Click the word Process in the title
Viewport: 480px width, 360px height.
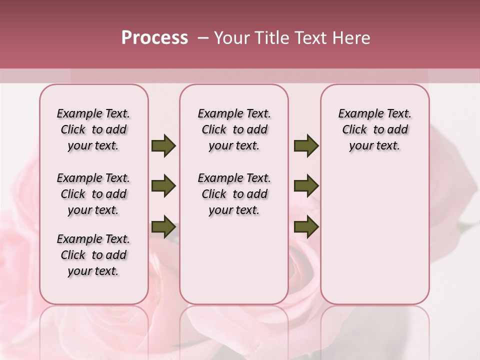coord(154,38)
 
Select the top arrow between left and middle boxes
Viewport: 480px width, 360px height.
coord(163,146)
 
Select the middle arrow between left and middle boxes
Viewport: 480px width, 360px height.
coord(163,186)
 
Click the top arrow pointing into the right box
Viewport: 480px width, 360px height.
coord(306,146)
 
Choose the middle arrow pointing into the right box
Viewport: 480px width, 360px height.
coord(306,186)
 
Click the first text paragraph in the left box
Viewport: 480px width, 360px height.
coord(93,129)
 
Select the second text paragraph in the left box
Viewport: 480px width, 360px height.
coord(93,194)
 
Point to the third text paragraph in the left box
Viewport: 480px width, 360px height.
coord(93,255)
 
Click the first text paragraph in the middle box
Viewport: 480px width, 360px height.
coord(234,129)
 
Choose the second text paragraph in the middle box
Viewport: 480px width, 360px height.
coord(234,194)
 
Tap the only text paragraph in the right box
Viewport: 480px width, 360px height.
coord(375,129)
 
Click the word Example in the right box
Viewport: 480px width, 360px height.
coord(357,114)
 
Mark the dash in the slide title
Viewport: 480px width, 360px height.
coord(202,38)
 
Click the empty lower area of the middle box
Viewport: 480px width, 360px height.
coord(234,260)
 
